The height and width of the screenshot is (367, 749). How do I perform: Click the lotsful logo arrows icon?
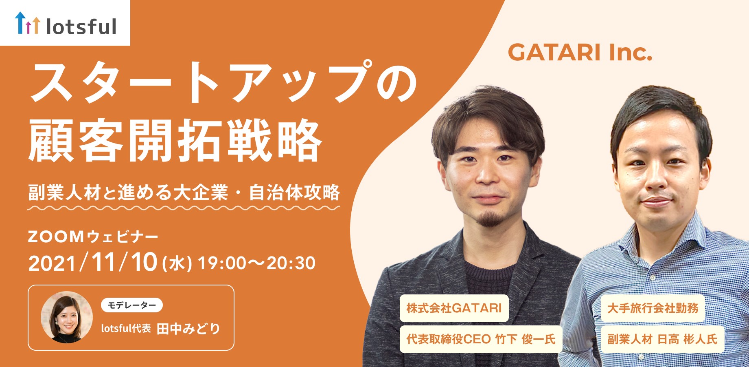tap(27, 23)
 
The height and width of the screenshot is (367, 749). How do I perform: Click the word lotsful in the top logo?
tap(81, 27)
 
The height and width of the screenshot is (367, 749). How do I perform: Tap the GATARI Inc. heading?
tap(580, 53)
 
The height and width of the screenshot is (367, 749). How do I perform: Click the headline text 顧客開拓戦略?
tap(175, 140)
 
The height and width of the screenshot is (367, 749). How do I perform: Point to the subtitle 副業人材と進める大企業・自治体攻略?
tap(184, 192)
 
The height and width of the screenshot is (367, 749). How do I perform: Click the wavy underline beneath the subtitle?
tap(184, 208)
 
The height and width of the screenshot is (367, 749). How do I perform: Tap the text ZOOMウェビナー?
tap(93, 237)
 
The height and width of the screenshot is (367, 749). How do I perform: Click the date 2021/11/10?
tap(93, 262)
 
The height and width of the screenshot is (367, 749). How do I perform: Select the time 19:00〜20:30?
tap(256, 263)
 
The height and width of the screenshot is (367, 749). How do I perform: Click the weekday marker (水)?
tap(177, 263)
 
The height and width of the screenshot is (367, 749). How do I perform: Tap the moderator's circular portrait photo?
tap(67, 317)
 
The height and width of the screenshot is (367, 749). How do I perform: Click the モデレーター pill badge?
tap(131, 305)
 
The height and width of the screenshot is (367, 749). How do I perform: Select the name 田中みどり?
tap(188, 329)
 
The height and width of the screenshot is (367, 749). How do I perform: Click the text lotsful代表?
tap(126, 329)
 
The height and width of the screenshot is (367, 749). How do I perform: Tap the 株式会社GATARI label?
tap(454, 308)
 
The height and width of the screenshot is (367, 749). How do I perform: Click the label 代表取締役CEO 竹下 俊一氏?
tap(481, 339)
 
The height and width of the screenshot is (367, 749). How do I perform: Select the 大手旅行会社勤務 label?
tap(653, 308)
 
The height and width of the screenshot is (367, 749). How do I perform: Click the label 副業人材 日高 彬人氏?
tap(662, 339)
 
